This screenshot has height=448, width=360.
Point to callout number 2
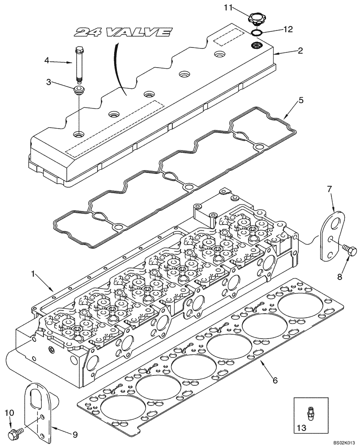[300, 51]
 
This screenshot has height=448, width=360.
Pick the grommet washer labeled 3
[79, 91]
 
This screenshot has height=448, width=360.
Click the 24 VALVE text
[123, 32]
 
